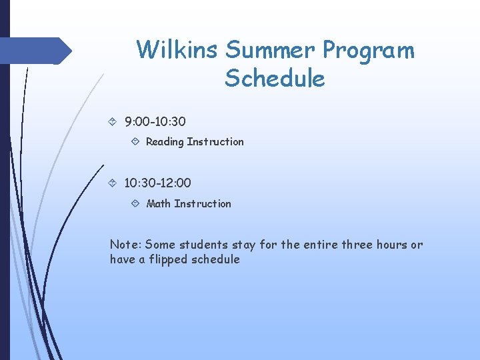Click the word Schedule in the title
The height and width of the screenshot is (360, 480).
[x=275, y=79]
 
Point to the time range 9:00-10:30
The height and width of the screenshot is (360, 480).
[x=155, y=122]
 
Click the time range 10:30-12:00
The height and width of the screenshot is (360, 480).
[x=157, y=182]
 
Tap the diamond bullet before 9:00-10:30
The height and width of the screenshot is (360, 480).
[x=113, y=122]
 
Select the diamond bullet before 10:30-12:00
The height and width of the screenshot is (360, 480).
[x=113, y=182]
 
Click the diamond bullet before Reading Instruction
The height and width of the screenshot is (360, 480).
[x=135, y=141]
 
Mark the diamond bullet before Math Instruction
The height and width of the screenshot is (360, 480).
[x=135, y=203]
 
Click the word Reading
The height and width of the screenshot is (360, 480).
[x=165, y=142]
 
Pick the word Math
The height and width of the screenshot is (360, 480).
[x=158, y=203]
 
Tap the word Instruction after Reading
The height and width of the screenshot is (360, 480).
[x=215, y=141]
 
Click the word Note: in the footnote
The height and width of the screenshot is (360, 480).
[x=125, y=245]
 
